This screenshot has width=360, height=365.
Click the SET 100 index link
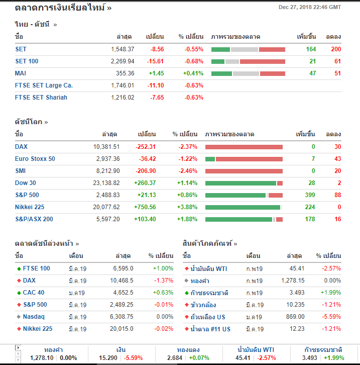point(27,61)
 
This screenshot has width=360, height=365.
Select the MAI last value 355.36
point(125,73)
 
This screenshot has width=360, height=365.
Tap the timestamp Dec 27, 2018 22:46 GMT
point(309,7)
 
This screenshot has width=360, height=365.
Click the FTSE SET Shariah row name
point(41,98)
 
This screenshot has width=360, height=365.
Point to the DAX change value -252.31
point(146,147)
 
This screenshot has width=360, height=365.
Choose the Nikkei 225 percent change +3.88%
point(187,207)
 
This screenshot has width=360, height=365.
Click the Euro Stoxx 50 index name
point(35,159)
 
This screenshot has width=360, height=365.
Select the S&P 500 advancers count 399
point(310,195)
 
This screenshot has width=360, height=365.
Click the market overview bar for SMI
point(244,171)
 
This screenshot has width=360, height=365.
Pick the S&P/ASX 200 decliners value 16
point(337,219)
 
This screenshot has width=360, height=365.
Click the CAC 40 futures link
point(34,293)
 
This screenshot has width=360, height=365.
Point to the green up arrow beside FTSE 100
point(19,268)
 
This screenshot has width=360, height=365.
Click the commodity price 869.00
point(295,317)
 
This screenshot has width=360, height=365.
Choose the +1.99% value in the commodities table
point(331,293)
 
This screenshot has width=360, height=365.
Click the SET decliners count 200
point(336,49)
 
